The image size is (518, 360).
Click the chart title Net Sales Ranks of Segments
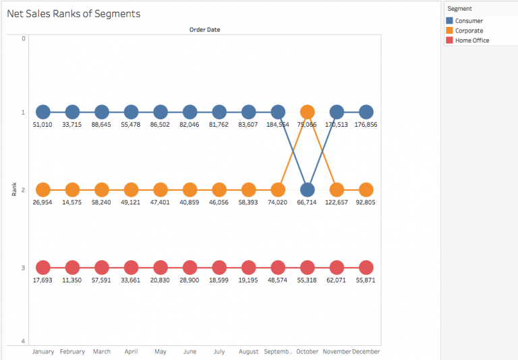pos(74,13)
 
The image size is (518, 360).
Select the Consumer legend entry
pos(469,21)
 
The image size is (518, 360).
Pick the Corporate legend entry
pos(469,31)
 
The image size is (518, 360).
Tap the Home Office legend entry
pos(472,40)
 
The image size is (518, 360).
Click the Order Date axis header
pos(204,30)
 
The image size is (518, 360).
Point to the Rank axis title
pos(14,189)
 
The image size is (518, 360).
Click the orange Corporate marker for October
pos(307,113)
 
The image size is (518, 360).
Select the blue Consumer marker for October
pos(307,190)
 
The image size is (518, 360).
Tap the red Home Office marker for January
pos(43,268)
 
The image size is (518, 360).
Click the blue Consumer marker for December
pos(366,113)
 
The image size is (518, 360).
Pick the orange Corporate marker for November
pos(337,190)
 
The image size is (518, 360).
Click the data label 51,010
pos(43,124)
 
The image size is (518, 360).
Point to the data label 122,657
pos(337,202)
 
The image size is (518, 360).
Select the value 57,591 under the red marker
pos(102,279)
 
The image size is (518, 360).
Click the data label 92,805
pos(366,202)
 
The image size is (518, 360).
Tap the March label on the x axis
pos(102,351)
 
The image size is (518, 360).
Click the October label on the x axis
pos(307,351)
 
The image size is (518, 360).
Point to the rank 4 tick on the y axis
pos(23,341)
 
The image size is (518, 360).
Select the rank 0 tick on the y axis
pos(23,38)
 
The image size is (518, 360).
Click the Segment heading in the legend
pos(459,9)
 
